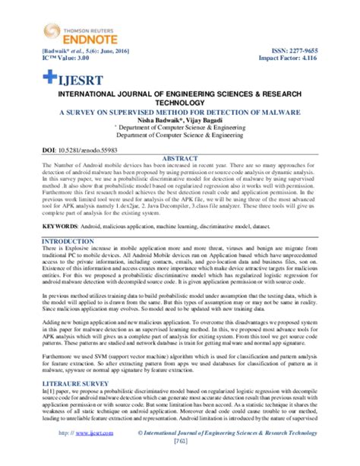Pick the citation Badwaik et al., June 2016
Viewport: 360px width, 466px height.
click(x=74, y=46)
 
